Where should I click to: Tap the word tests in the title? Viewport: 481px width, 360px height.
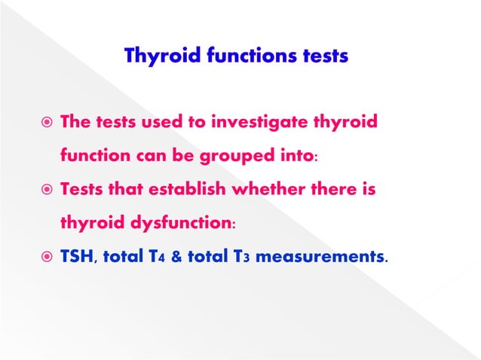[x=320, y=57]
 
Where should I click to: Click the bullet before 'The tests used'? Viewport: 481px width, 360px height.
[x=45, y=122]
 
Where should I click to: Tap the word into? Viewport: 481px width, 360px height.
[x=297, y=157]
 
